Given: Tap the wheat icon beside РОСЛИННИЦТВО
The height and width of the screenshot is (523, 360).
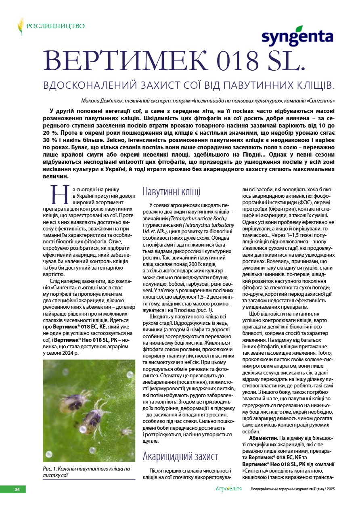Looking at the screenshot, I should pyautogui.click(x=20, y=26).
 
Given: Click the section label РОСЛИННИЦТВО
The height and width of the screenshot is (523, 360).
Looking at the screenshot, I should pyautogui.click(x=55, y=26).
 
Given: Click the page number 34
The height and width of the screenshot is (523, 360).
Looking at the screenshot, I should pyautogui.click(x=17, y=490).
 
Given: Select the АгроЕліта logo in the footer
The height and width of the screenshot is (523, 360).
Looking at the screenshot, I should pyautogui.click(x=228, y=489).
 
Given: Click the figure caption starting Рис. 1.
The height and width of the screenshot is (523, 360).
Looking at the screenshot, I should pyautogui.click(x=86, y=472).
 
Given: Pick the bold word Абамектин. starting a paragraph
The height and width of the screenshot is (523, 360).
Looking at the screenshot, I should pyautogui.click(x=264, y=438).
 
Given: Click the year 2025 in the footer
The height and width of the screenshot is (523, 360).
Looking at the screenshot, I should pyautogui.click(x=329, y=490).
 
